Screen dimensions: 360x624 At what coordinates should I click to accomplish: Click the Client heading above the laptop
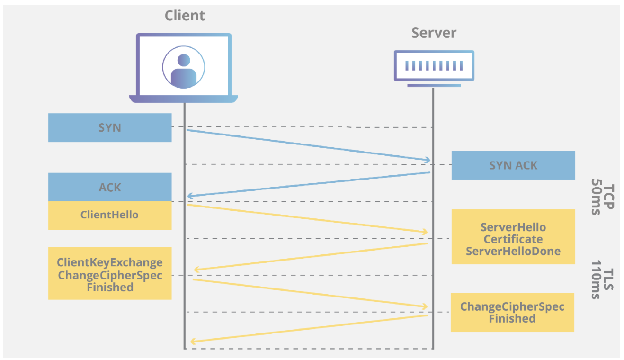tap(185, 16)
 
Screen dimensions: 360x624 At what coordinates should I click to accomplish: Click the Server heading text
tap(434, 33)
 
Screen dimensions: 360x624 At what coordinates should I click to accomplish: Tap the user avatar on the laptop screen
tap(184, 68)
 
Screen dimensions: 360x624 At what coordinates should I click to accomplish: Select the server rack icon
tap(434, 66)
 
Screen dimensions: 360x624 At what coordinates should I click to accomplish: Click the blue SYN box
tap(110, 127)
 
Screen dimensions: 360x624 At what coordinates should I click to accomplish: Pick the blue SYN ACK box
tap(513, 165)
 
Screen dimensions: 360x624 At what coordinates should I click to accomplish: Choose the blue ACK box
tap(110, 187)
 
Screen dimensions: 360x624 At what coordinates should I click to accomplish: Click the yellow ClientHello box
tap(110, 215)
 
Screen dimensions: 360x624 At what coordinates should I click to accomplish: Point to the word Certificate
tap(513, 239)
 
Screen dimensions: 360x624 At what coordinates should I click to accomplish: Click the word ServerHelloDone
tap(513, 251)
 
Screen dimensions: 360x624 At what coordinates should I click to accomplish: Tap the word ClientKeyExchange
tap(110, 262)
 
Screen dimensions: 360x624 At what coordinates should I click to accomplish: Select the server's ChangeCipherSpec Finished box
tap(512, 312)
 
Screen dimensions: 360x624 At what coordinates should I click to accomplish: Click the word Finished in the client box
tap(110, 288)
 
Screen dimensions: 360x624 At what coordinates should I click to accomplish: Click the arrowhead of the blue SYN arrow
tap(428, 160)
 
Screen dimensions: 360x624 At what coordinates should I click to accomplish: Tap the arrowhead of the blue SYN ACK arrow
tap(189, 196)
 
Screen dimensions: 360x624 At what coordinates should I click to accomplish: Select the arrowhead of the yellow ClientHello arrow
tap(425, 232)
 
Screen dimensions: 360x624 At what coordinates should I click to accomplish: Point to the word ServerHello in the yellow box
tap(513, 227)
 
